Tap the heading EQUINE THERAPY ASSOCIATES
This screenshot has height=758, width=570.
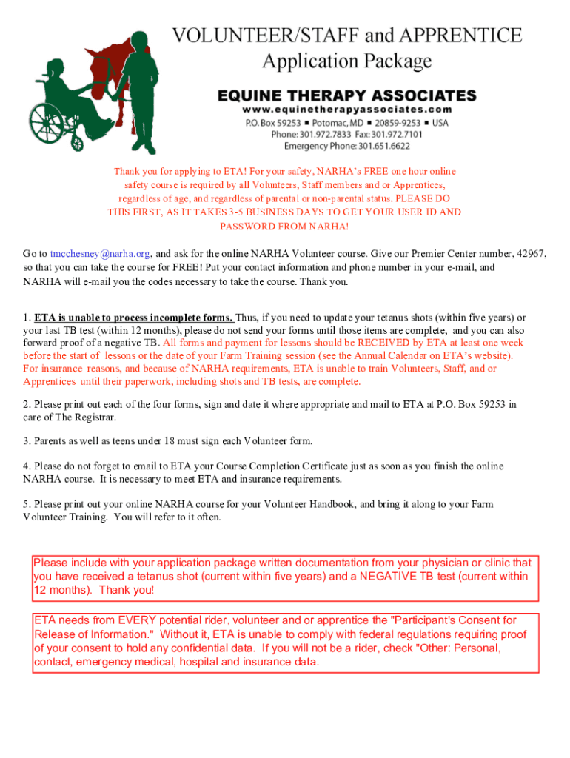coord(346,96)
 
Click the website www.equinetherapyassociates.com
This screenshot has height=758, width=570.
coord(346,110)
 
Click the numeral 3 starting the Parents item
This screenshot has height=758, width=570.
coord(26,441)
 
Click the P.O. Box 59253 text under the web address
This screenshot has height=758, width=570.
coord(273,123)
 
